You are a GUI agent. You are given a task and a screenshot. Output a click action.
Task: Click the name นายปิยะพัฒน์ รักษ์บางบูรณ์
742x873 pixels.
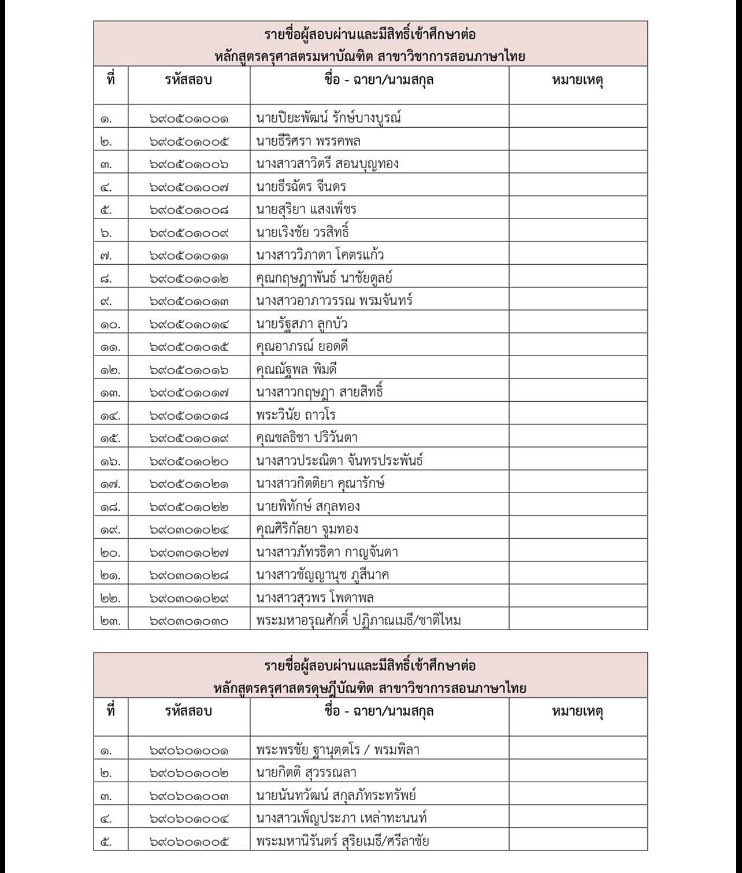coord(328,119)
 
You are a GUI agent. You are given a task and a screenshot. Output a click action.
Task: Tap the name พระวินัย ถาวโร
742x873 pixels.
coord(296,415)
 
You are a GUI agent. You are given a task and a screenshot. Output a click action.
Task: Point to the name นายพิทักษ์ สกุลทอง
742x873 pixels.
coord(308,506)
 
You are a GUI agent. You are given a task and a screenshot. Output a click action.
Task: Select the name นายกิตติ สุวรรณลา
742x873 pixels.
coord(306,773)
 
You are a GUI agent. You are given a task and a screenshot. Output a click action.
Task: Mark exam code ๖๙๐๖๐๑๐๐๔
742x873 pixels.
coord(189,819)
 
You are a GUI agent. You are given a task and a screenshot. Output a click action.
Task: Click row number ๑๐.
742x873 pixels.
coord(110,324)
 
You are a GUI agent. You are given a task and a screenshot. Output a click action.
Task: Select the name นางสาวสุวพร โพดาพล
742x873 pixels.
coord(315,598)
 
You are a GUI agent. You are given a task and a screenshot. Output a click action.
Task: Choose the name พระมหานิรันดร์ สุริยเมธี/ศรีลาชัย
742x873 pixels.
coord(343,841)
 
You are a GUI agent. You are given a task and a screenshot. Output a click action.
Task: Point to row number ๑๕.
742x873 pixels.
coord(110,438)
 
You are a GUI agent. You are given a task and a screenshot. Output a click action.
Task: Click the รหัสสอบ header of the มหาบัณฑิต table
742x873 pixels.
coord(188,80)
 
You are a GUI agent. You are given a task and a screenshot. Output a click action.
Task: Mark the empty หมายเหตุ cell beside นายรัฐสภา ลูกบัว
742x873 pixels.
coord(578,324)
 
